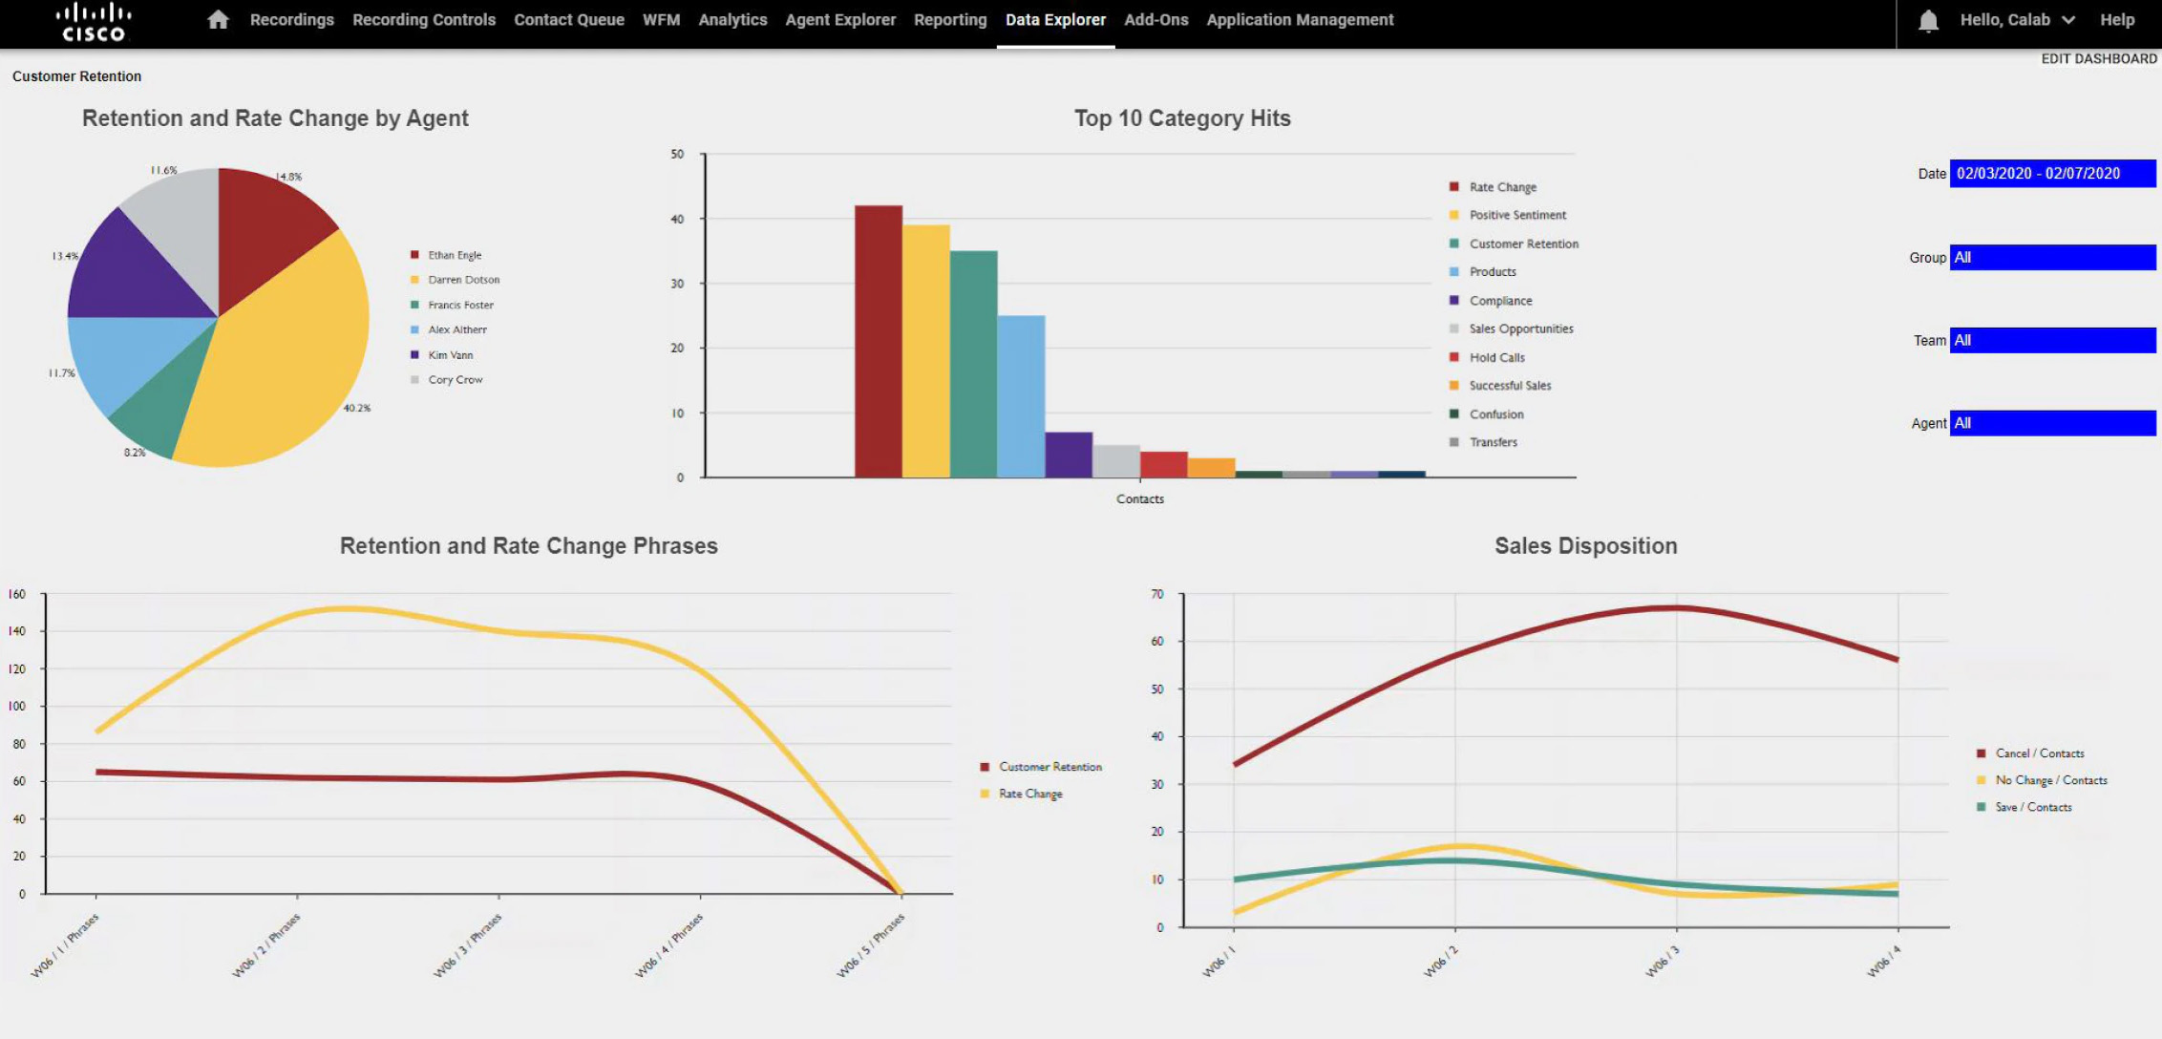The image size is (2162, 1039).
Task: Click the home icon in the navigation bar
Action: coord(218,20)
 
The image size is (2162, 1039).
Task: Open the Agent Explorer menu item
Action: coord(840,20)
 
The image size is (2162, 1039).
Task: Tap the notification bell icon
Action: coord(1928,21)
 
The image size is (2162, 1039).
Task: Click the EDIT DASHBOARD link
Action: coord(2098,59)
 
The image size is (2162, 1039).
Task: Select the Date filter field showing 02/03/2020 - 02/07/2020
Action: coord(2051,174)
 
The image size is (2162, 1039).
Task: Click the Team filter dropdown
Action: coord(2051,340)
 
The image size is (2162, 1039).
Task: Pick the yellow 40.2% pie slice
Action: coord(286,363)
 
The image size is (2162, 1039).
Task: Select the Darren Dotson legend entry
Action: coord(463,280)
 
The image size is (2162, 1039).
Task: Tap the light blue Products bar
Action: coord(1021,396)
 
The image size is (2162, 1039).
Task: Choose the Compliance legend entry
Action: coord(1500,301)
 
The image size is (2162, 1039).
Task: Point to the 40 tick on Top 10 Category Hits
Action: coord(677,219)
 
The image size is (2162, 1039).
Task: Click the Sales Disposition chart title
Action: coord(1585,546)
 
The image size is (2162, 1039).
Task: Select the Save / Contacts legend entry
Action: coord(2033,808)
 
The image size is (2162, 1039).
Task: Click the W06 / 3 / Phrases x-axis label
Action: coord(468,945)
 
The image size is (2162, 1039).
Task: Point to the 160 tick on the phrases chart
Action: coord(17,594)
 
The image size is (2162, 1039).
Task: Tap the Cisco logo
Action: coord(93,22)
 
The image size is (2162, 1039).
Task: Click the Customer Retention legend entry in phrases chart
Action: coord(1049,767)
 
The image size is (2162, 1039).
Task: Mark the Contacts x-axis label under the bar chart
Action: coord(1139,499)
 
